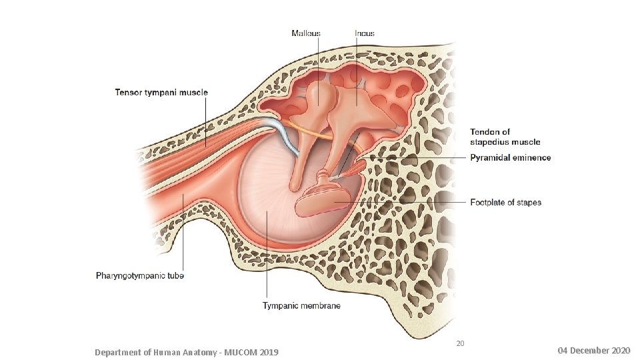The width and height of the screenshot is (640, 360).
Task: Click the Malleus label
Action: click(306, 33)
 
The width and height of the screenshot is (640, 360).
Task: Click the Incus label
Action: click(365, 33)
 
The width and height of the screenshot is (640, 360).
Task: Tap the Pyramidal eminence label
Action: click(511, 158)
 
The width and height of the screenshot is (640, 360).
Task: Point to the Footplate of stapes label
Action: click(505, 202)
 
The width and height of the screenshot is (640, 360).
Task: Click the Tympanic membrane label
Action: click(301, 305)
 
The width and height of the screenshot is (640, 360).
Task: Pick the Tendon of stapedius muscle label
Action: click(505, 137)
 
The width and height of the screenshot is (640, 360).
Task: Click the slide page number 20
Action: click(460, 344)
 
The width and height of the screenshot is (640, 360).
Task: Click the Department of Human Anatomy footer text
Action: click(187, 352)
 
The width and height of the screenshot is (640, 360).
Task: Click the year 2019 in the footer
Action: click(269, 352)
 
